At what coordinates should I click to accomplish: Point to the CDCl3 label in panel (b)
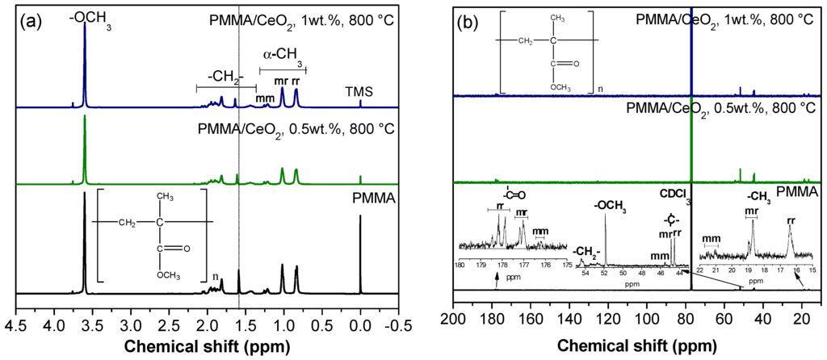670,193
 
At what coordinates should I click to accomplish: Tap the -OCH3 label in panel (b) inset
610,207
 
